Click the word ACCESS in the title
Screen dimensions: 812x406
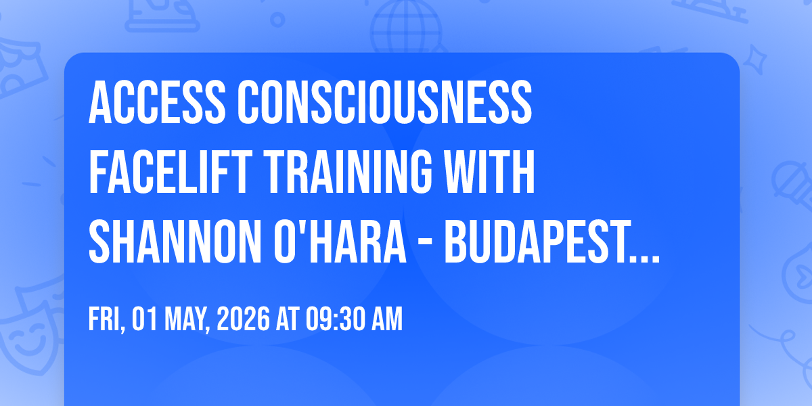click(x=157, y=102)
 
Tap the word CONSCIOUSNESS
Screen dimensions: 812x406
click(x=384, y=102)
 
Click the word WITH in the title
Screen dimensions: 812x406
click(x=489, y=172)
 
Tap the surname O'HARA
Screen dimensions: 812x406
click(x=340, y=242)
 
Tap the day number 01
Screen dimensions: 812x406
click(x=144, y=319)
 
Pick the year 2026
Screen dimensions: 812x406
click(x=243, y=319)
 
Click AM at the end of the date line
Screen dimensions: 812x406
click(x=388, y=319)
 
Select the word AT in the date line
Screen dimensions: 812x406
click(x=288, y=319)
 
